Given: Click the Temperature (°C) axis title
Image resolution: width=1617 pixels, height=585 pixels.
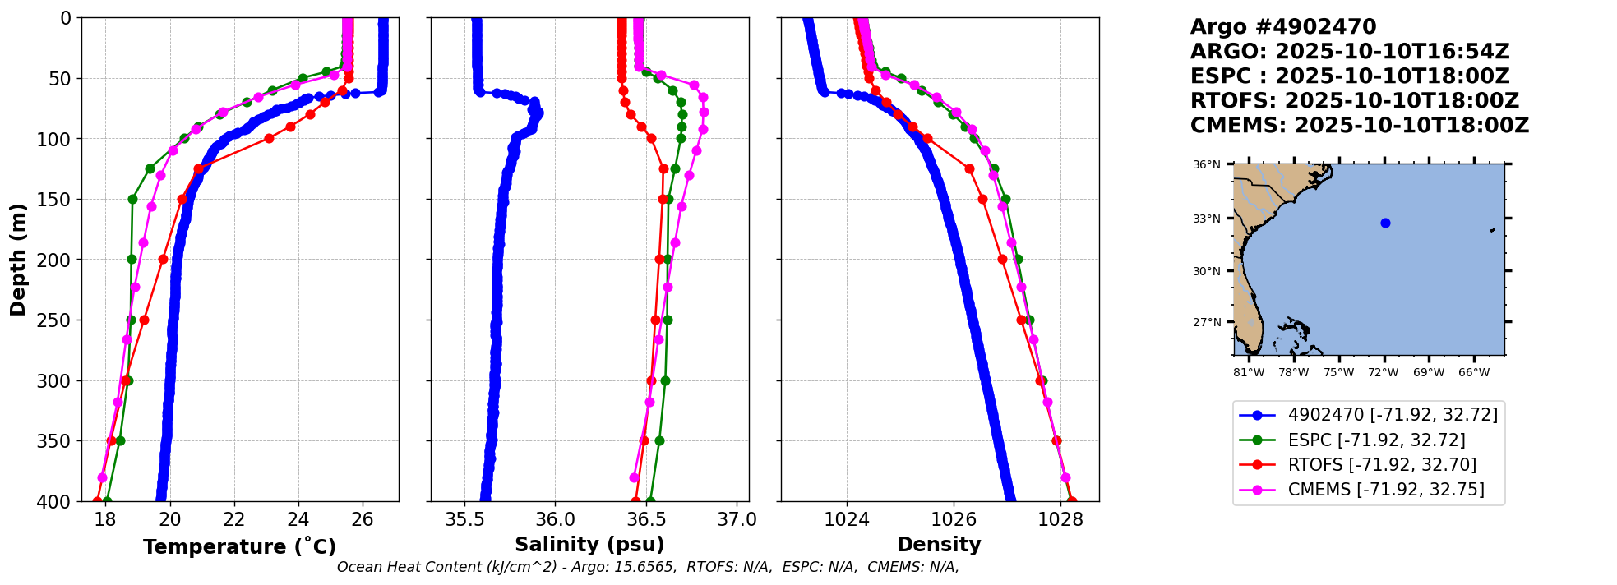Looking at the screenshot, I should [x=239, y=547].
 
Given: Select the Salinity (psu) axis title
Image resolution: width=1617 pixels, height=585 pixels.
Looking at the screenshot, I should [x=589, y=545].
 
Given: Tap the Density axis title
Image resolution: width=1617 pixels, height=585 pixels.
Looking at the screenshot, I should [x=939, y=545].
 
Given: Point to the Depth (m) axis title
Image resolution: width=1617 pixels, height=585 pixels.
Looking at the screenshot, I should [x=18, y=259].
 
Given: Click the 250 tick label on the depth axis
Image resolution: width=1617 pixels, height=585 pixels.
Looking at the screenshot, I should [x=60, y=320].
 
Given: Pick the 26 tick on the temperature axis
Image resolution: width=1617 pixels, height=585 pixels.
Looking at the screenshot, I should [x=363, y=519].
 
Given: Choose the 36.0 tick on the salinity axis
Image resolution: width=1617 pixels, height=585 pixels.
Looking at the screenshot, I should [x=555, y=519].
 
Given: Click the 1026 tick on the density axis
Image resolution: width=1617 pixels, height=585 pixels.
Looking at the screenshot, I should [x=954, y=519].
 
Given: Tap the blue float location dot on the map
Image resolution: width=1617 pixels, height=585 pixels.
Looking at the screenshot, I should [x=1385, y=223].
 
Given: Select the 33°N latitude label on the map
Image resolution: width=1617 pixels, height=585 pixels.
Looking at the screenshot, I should [x=1206, y=219].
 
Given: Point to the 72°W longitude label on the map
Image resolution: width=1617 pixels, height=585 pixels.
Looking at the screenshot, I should [x=1384, y=373].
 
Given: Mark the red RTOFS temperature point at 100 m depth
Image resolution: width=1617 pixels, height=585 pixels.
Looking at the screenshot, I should [x=269, y=138].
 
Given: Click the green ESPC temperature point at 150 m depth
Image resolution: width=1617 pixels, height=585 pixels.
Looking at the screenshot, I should [x=132, y=199].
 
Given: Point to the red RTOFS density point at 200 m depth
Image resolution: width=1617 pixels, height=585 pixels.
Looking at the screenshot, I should [x=1002, y=259].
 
